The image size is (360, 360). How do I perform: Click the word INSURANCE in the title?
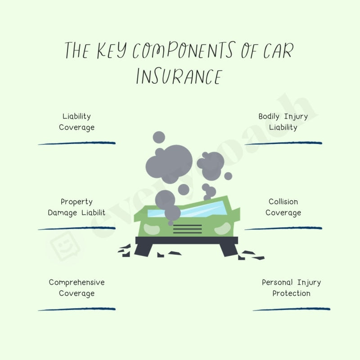[x=179, y=76]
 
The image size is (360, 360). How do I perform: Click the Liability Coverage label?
[x=77, y=122]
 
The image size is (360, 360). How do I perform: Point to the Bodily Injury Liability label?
[x=283, y=122]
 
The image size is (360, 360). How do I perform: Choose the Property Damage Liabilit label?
[x=77, y=207]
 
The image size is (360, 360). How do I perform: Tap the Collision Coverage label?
[x=283, y=207]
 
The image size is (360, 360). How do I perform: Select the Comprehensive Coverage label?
[x=77, y=288]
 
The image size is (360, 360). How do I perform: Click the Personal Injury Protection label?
[x=291, y=288]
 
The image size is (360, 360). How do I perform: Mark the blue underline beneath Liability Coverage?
[x=77, y=143]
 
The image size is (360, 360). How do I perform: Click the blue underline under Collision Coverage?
[x=283, y=228]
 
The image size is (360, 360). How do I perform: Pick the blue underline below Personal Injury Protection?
[x=291, y=309]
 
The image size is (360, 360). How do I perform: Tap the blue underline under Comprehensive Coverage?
[x=77, y=309]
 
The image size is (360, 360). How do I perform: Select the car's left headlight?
[x=152, y=229]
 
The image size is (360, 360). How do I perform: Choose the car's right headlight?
[x=222, y=229]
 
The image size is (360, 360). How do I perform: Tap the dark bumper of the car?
[x=187, y=243]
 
